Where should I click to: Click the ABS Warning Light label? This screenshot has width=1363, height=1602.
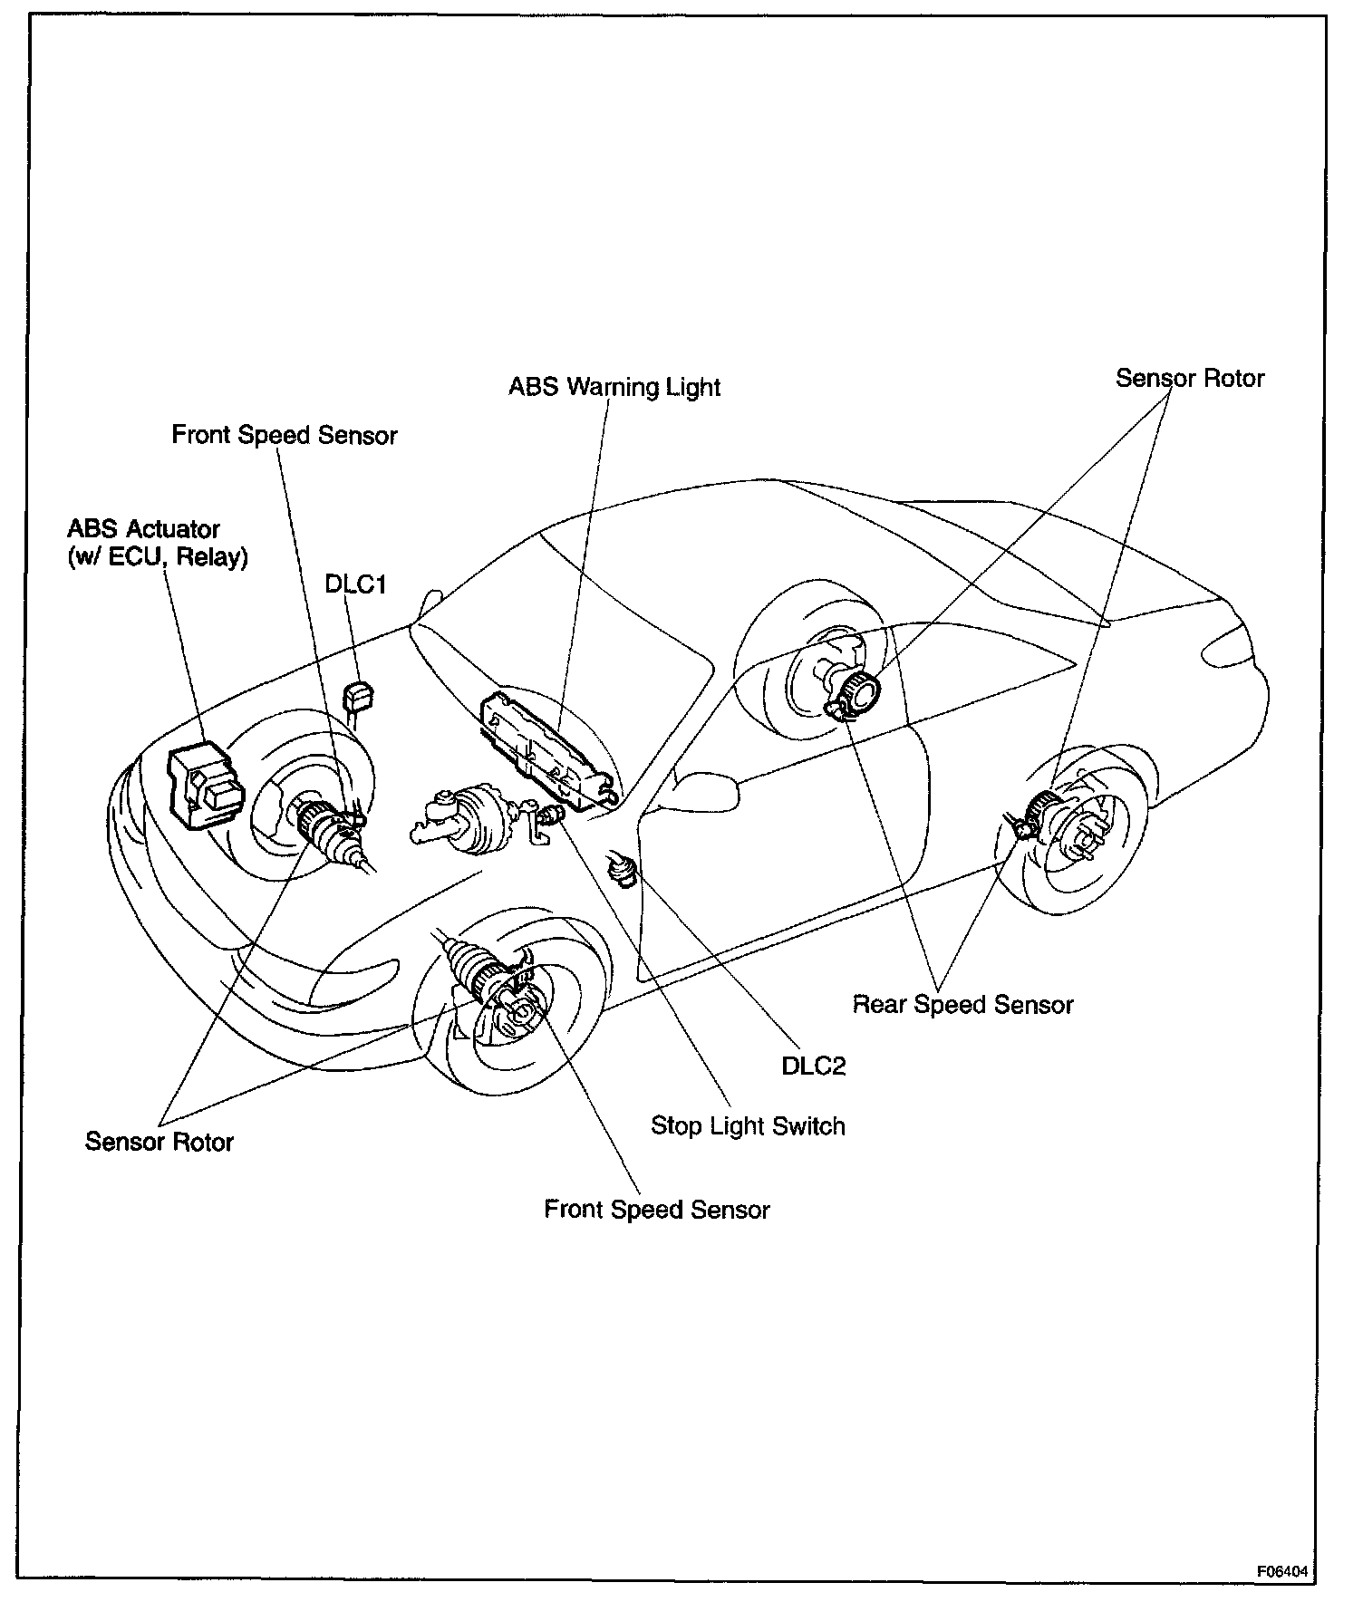[614, 388]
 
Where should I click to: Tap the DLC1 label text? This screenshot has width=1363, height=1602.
[356, 585]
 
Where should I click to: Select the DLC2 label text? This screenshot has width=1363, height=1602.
[813, 1066]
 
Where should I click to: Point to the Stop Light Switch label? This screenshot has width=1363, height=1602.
[748, 1126]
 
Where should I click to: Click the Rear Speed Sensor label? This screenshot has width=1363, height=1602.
[962, 1005]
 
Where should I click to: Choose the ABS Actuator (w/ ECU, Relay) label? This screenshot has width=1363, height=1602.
[157, 543]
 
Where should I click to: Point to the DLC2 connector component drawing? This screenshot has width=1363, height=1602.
[623, 870]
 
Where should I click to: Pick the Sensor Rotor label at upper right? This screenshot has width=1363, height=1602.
[1189, 379]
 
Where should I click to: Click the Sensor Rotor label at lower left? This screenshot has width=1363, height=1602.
[159, 1142]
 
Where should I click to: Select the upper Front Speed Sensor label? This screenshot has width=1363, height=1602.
[285, 436]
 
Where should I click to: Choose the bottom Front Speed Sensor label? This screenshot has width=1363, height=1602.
[656, 1210]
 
